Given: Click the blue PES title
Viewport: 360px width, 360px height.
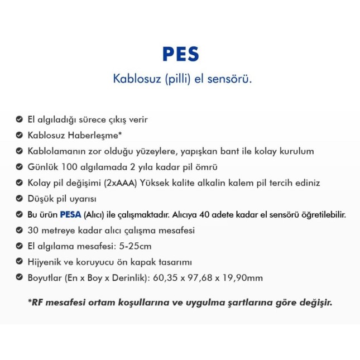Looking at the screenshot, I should click(180, 54).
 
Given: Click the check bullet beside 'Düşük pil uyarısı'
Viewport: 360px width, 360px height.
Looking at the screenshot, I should click(19, 199).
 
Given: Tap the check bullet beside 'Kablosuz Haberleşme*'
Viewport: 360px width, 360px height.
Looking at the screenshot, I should click(19, 135).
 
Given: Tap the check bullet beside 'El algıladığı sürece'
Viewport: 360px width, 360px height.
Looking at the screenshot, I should click(19, 119).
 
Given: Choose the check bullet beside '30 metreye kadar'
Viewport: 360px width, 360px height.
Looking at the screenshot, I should click(19, 230).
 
